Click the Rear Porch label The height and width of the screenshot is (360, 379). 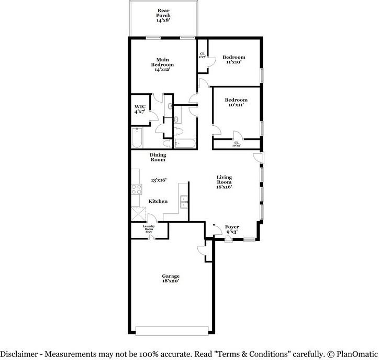(163, 16)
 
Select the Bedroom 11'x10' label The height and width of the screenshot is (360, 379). (233, 59)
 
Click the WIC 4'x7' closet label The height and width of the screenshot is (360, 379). (140, 109)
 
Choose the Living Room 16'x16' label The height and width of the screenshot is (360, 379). (224, 182)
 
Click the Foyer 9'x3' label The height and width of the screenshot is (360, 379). (232, 230)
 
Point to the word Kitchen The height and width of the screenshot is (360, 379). (158, 201)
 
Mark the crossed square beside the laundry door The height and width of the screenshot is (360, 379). (139, 214)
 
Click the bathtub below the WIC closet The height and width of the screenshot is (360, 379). (137, 138)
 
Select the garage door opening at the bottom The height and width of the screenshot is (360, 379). (170, 330)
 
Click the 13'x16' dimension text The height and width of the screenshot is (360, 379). (158, 180)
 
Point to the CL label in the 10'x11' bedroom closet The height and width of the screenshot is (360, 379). (236, 144)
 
